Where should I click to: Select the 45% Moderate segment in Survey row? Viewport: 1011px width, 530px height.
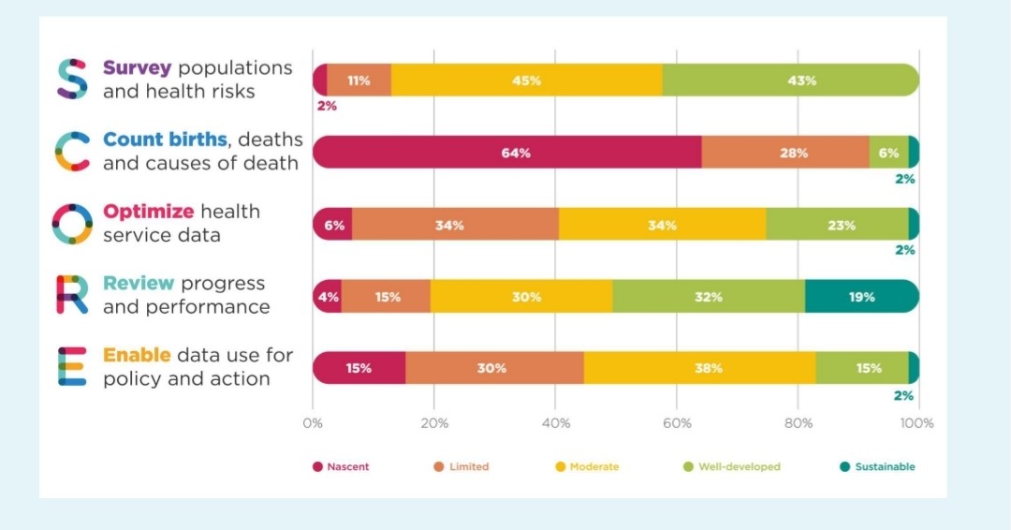526,81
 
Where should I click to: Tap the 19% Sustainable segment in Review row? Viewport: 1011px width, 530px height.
861,297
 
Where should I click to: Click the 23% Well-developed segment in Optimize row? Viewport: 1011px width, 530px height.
837,225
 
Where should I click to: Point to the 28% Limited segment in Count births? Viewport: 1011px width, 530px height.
784,153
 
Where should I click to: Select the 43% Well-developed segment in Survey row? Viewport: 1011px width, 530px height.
791,81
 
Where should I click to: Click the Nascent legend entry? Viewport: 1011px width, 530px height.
341,466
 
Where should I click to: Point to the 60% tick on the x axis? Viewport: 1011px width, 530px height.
676,423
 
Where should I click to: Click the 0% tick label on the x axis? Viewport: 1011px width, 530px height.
313,423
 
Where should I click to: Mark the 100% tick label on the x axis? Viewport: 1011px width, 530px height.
916,423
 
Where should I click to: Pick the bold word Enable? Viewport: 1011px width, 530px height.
137,355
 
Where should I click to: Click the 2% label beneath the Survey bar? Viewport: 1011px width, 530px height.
326,106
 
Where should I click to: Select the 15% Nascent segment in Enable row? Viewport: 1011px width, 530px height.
359,368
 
